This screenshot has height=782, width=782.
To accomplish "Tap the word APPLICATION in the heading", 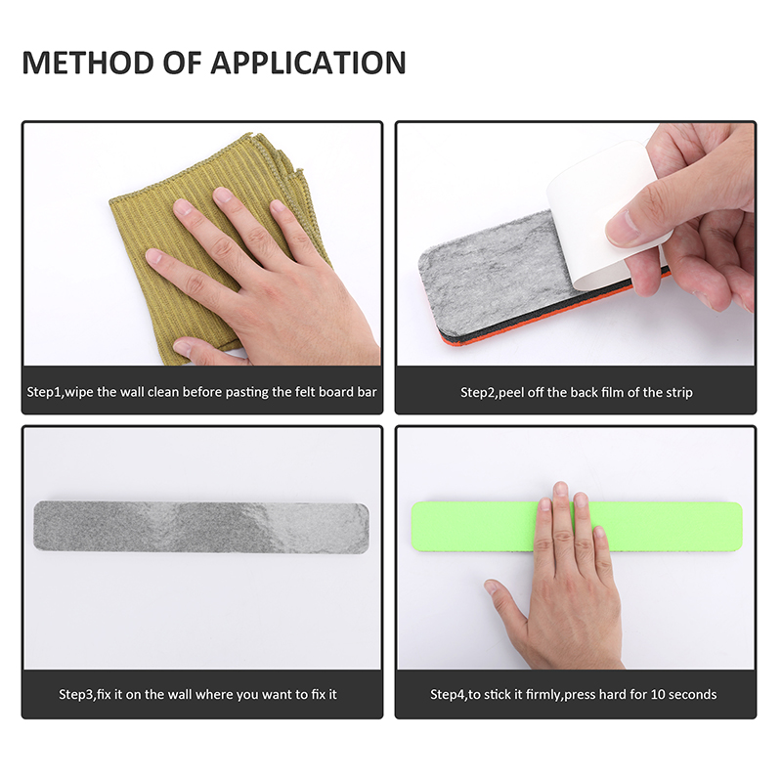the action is coord(308,63).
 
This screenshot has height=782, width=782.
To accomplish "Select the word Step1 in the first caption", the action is coord(44,392).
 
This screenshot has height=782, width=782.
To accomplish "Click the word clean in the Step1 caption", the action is coord(163,392).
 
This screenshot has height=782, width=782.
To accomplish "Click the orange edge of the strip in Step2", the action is coord(548,320).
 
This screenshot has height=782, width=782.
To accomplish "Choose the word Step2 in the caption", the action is coord(478,393).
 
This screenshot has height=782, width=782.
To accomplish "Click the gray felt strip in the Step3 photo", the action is coord(201,527).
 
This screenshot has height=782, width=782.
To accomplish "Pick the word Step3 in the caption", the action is coord(76,694).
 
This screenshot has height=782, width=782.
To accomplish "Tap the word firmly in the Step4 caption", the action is coord(544,694).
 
